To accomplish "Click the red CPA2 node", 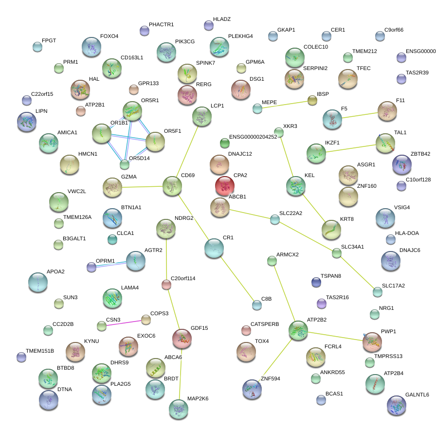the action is click(224, 186).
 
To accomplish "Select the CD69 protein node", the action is click(172, 186).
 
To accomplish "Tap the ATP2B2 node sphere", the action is click(298, 330).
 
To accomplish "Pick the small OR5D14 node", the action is click(125, 164).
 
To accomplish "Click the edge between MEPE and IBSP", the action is click(285, 105).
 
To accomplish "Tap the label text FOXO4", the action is click(109, 36).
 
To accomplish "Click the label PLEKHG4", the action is click(240, 36).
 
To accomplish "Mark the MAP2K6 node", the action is click(179, 409).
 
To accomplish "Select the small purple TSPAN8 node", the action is click(316, 282).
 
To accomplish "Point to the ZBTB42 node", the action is click(401, 165).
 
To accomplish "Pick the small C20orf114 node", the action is click(166, 285).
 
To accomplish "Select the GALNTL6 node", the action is click(396, 405).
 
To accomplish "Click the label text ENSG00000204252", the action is click(253, 137).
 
